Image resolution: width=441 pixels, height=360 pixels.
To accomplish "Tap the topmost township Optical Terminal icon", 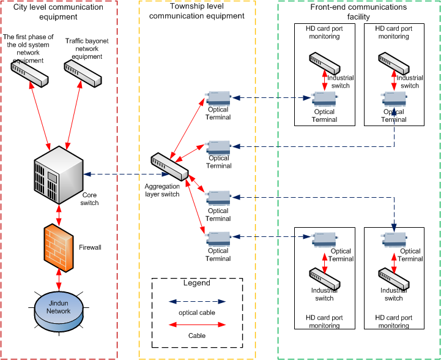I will coord(218,98).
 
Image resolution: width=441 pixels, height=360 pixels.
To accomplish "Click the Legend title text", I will coord(196,283).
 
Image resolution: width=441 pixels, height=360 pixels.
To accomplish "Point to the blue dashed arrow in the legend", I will coord(196,302).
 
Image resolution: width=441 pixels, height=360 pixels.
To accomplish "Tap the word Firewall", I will coord(90,247).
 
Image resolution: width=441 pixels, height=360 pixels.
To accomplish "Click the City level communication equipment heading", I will coord(59,12).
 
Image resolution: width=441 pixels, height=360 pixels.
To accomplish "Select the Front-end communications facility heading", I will coord(358,12).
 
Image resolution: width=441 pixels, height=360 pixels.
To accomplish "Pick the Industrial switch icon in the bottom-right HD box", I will coord(393,276).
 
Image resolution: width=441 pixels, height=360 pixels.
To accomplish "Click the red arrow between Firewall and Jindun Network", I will coord(59,278).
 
